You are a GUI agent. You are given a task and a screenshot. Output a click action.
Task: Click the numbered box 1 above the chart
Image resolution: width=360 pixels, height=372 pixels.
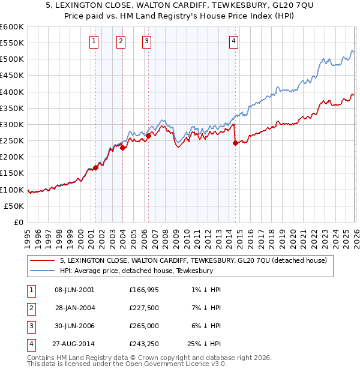pos(95,41)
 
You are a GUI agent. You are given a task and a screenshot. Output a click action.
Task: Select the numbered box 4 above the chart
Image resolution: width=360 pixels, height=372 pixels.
pos(233,41)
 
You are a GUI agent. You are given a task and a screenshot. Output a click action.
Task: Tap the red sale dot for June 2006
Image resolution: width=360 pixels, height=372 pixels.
pos(148,136)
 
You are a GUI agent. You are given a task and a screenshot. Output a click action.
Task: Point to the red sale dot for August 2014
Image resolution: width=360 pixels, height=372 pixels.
pos(235,143)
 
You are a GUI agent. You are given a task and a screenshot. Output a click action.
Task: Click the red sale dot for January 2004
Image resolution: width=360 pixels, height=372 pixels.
pos(122,148)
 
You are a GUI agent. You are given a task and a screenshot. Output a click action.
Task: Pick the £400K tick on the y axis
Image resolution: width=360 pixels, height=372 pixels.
pos(12,92)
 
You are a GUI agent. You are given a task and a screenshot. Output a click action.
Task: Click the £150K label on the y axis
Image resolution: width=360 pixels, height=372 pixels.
pos(12,173)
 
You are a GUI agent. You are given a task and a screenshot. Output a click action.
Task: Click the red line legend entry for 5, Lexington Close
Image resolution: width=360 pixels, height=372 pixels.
pos(193,260)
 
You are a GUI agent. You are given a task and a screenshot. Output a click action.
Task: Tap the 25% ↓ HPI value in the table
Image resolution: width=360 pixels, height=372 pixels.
pos(203,344)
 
